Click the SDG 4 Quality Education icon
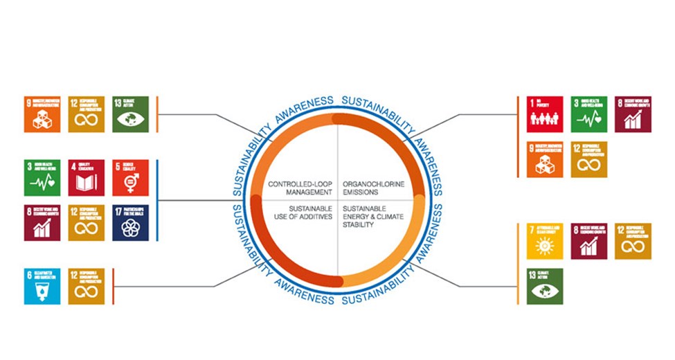click(87, 178)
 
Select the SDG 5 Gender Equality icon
click(130, 178)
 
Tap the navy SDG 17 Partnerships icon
click(130, 222)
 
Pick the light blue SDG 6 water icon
click(42, 286)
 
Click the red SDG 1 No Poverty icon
click(545, 114)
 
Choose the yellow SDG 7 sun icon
click(545, 241)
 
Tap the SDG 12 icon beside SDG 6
click(87, 286)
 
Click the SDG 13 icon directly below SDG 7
click(545, 286)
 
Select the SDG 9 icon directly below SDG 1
click(545, 159)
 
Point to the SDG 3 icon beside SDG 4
click(42, 178)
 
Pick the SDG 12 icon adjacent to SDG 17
click(87, 222)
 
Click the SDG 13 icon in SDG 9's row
click(130, 114)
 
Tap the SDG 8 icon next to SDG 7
click(589, 241)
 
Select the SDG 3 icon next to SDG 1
click(589, 114)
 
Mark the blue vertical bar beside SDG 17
click(158, 200)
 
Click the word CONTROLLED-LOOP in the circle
click(300, 183)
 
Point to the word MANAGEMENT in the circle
click(308, 192)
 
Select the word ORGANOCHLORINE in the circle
click(374, 183)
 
